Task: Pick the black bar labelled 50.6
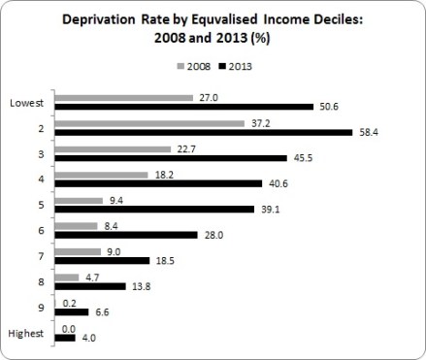(184, 107)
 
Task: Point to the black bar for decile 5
(157, 208)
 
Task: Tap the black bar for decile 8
(91, 287)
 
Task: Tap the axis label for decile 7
(45, 256)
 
